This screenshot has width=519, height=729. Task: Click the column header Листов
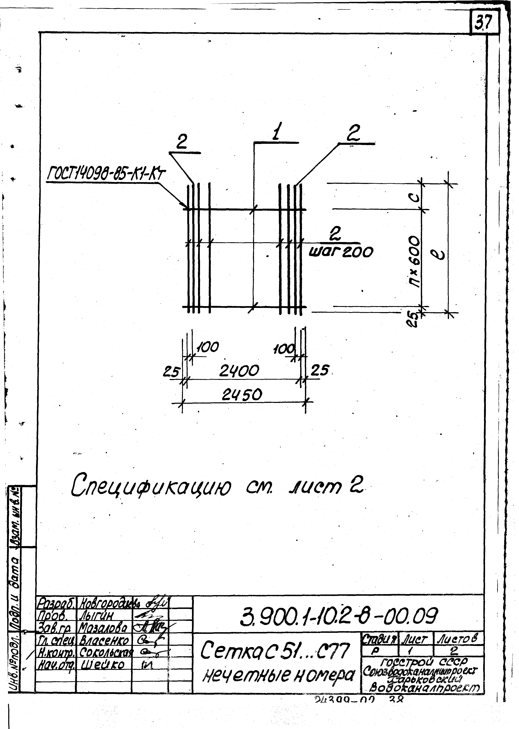click(x=458, y=639)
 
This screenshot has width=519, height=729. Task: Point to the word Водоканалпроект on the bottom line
click(x=425, y=687)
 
